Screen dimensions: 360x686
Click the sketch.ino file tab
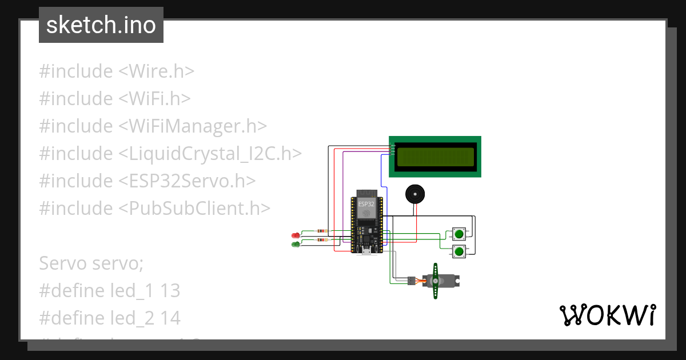(x=101, y=25)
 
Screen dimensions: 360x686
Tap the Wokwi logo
(x=607, y=315)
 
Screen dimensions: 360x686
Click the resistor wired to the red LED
(x=323, y=231)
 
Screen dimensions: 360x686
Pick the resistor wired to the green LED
(x=323, y=240)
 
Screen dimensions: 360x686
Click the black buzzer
(x=415, y=194)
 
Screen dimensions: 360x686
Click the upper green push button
(x=459, y=233)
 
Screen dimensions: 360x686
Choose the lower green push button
(x=459, y=250)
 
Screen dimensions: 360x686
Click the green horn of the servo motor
(x=436, y=281)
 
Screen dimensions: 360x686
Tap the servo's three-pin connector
(x=411, y=281)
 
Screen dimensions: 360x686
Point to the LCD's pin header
(x=392, y=149)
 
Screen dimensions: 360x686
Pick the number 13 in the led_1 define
(x=170, y=291)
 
